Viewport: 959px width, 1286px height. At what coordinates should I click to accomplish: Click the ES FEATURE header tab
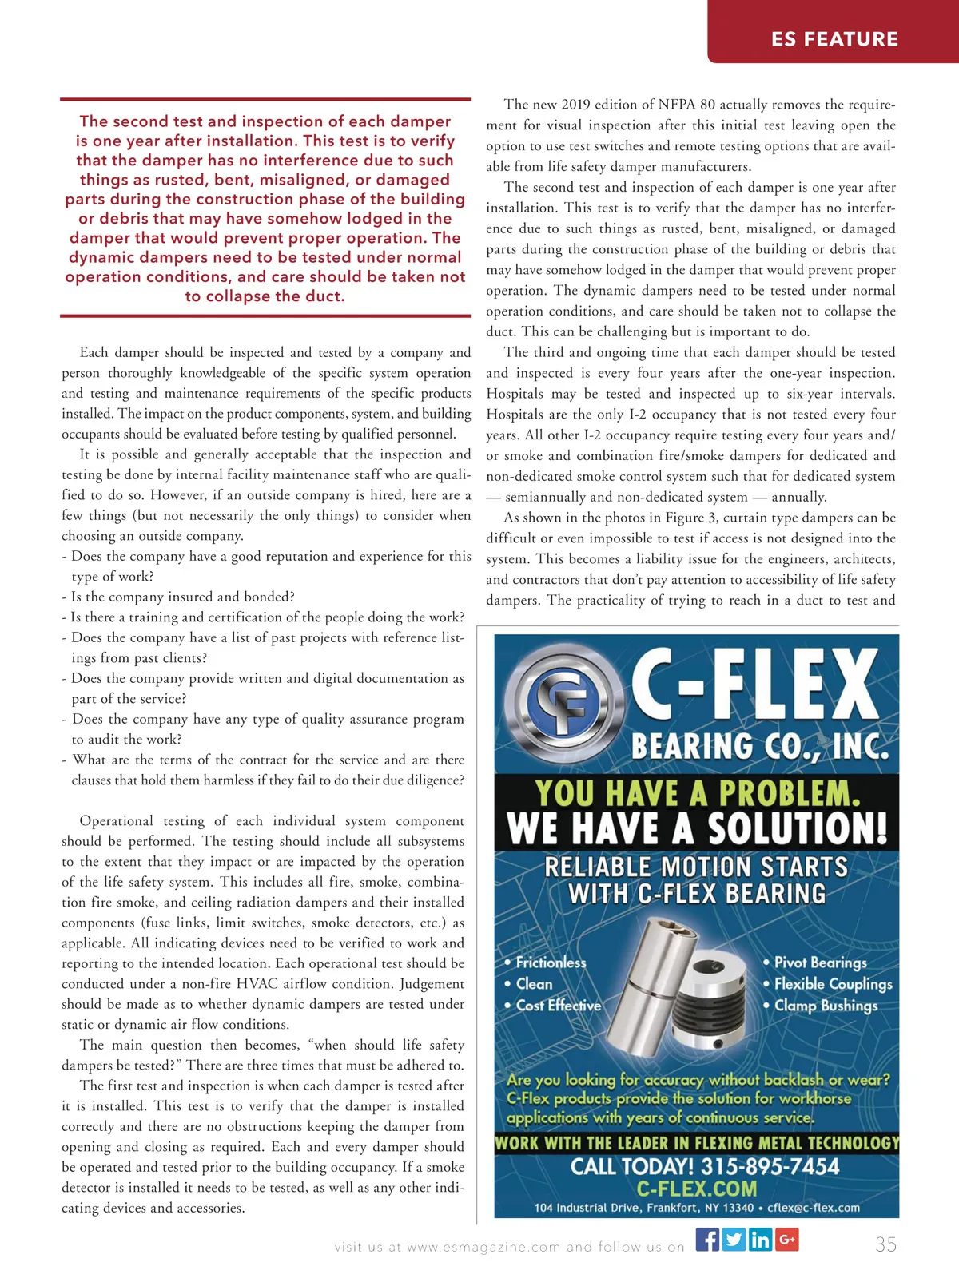click(x=834, y=38)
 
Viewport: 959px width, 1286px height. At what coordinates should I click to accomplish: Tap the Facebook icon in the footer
click(x=707, y=1240)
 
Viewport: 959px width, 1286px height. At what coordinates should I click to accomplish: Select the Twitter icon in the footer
click(x=734, y=1240)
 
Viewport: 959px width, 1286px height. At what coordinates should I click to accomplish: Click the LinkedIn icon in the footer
click(x=760, y=1240)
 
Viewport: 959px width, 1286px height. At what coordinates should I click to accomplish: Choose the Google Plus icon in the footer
click(x=787, y=1240)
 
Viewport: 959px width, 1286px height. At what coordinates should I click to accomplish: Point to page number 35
click(x=885, y=1244)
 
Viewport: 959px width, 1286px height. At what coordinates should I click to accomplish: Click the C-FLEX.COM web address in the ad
click(x=696, y=1189)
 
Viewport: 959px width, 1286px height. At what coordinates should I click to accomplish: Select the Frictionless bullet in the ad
click(x=551, y=963)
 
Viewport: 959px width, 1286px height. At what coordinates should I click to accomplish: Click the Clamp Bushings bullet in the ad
click(x=826, y=1006)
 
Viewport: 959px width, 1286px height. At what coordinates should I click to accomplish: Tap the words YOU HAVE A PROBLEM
click(x=698, y=793)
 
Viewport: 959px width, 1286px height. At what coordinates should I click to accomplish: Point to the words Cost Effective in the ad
click(x=558, y=1006)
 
